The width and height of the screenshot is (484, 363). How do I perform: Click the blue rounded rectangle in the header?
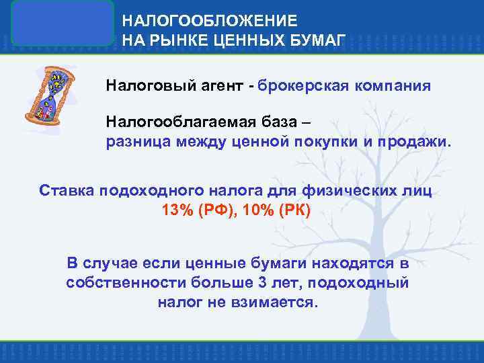(x=63, y=23)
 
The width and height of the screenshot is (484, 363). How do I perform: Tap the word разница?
(x=138, y=142)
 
